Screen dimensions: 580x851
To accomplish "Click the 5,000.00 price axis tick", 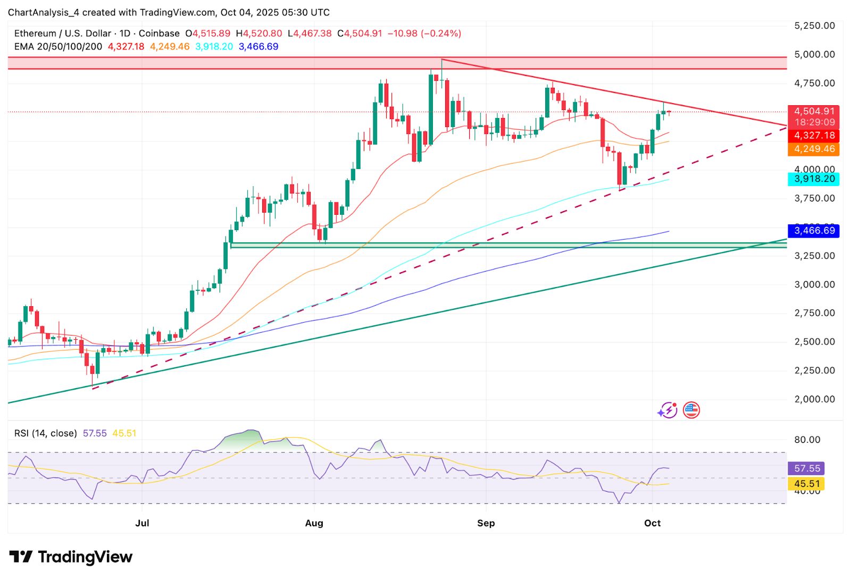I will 814,54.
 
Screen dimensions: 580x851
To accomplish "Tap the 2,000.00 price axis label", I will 814,399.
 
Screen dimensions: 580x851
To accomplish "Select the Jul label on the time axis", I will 142,523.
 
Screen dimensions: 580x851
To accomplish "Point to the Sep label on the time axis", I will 486,523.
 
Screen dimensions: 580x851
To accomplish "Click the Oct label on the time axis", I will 652,523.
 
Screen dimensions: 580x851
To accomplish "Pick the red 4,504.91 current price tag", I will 814,111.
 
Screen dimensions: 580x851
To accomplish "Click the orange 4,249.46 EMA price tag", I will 814,149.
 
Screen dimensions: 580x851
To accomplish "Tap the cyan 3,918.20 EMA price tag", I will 814,179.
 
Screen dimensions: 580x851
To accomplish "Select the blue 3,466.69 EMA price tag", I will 814,231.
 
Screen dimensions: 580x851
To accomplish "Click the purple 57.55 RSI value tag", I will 807,468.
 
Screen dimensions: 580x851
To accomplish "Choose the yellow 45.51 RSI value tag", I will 807,484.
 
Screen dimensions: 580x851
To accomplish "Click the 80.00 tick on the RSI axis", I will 807,440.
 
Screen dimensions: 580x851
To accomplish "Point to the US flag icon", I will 691,410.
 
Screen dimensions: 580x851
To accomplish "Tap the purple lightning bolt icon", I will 667,410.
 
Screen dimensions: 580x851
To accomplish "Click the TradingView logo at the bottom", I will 71,557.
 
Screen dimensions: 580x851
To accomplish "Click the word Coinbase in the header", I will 159,33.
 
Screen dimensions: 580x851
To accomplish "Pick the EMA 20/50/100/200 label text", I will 58,47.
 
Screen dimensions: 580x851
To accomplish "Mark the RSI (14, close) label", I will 45,433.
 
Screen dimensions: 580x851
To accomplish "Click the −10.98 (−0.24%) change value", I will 424,33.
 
